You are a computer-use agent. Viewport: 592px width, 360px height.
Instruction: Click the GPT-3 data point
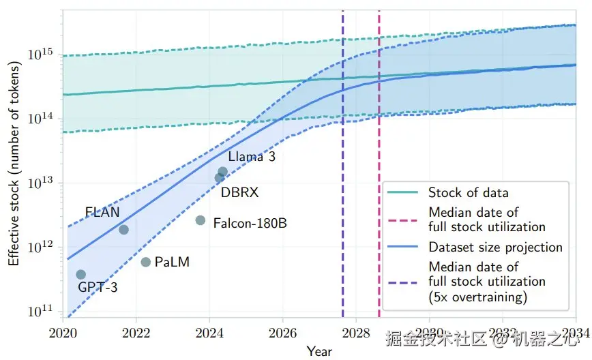pos(81,274)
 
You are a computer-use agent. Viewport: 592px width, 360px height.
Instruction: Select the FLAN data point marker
pos(123,229)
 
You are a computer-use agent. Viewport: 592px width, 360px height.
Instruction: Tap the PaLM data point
pos(146,262)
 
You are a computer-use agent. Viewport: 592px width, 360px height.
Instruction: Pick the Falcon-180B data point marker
pos(201,220)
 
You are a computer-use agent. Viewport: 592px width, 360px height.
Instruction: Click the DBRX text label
pos(239,192)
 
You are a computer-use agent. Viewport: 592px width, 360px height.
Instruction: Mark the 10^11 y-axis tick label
pos(41,312)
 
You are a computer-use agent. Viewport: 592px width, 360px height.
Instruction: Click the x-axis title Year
pos(319,351)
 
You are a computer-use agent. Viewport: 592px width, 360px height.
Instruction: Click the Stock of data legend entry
pos(468,192)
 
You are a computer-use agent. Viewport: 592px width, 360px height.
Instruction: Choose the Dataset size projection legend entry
pos(495,247)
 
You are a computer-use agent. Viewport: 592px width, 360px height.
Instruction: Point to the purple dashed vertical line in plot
pos(342,136)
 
